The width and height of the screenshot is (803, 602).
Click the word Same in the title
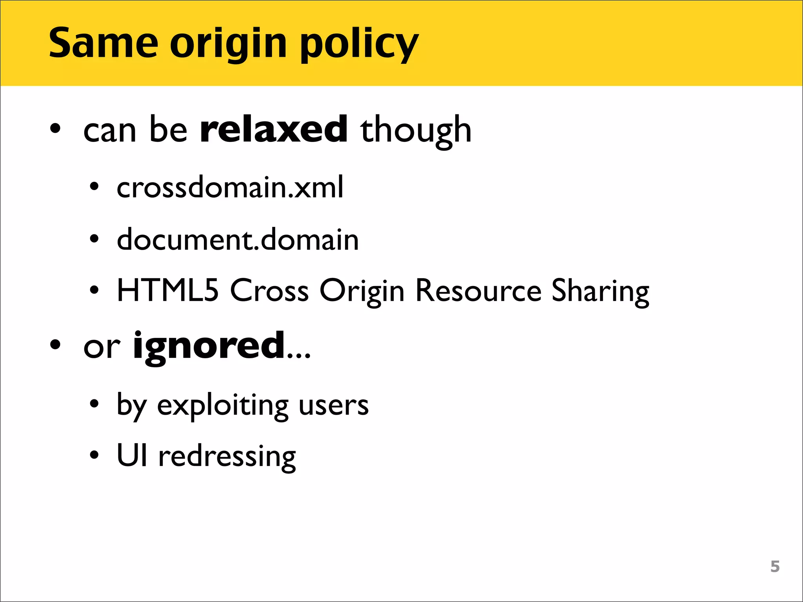pyautogui.click(x=103, y=43)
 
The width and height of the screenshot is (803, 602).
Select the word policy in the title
pyautogui.click(x=359, y=45)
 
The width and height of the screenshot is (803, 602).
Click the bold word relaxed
pyautogui.click(x=274, y=129)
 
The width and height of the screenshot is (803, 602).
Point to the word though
pyautogui.click(x=416, y=131)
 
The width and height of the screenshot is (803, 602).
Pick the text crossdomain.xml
pyautogui.click(x=230, y=187)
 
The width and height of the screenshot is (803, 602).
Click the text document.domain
pyautogui.click(x=238, y=239)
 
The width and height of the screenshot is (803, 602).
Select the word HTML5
pyautogui.click(x=168, y=290)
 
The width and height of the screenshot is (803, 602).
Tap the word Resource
pyautogui.click(x=479, y=291)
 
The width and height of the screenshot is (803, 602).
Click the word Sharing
pyautogui.click(x=600, y=292)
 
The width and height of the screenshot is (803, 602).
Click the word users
pyautogui.click(x=334, y=405)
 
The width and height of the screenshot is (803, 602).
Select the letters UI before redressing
pyautogui.click(x=132, y=455)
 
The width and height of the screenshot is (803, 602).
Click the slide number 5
pyautogui.click(x=775, y=566)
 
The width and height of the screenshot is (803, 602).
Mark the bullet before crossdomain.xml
pyautogui.click(x=94, y=187)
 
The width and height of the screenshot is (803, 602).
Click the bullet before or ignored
pyautogui.click(x=55, y=345)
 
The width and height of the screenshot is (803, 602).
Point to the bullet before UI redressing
pyautogui.click(x=94, y=455)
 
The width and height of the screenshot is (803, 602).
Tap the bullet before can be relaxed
pyautogui.click(x=55, y=129)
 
